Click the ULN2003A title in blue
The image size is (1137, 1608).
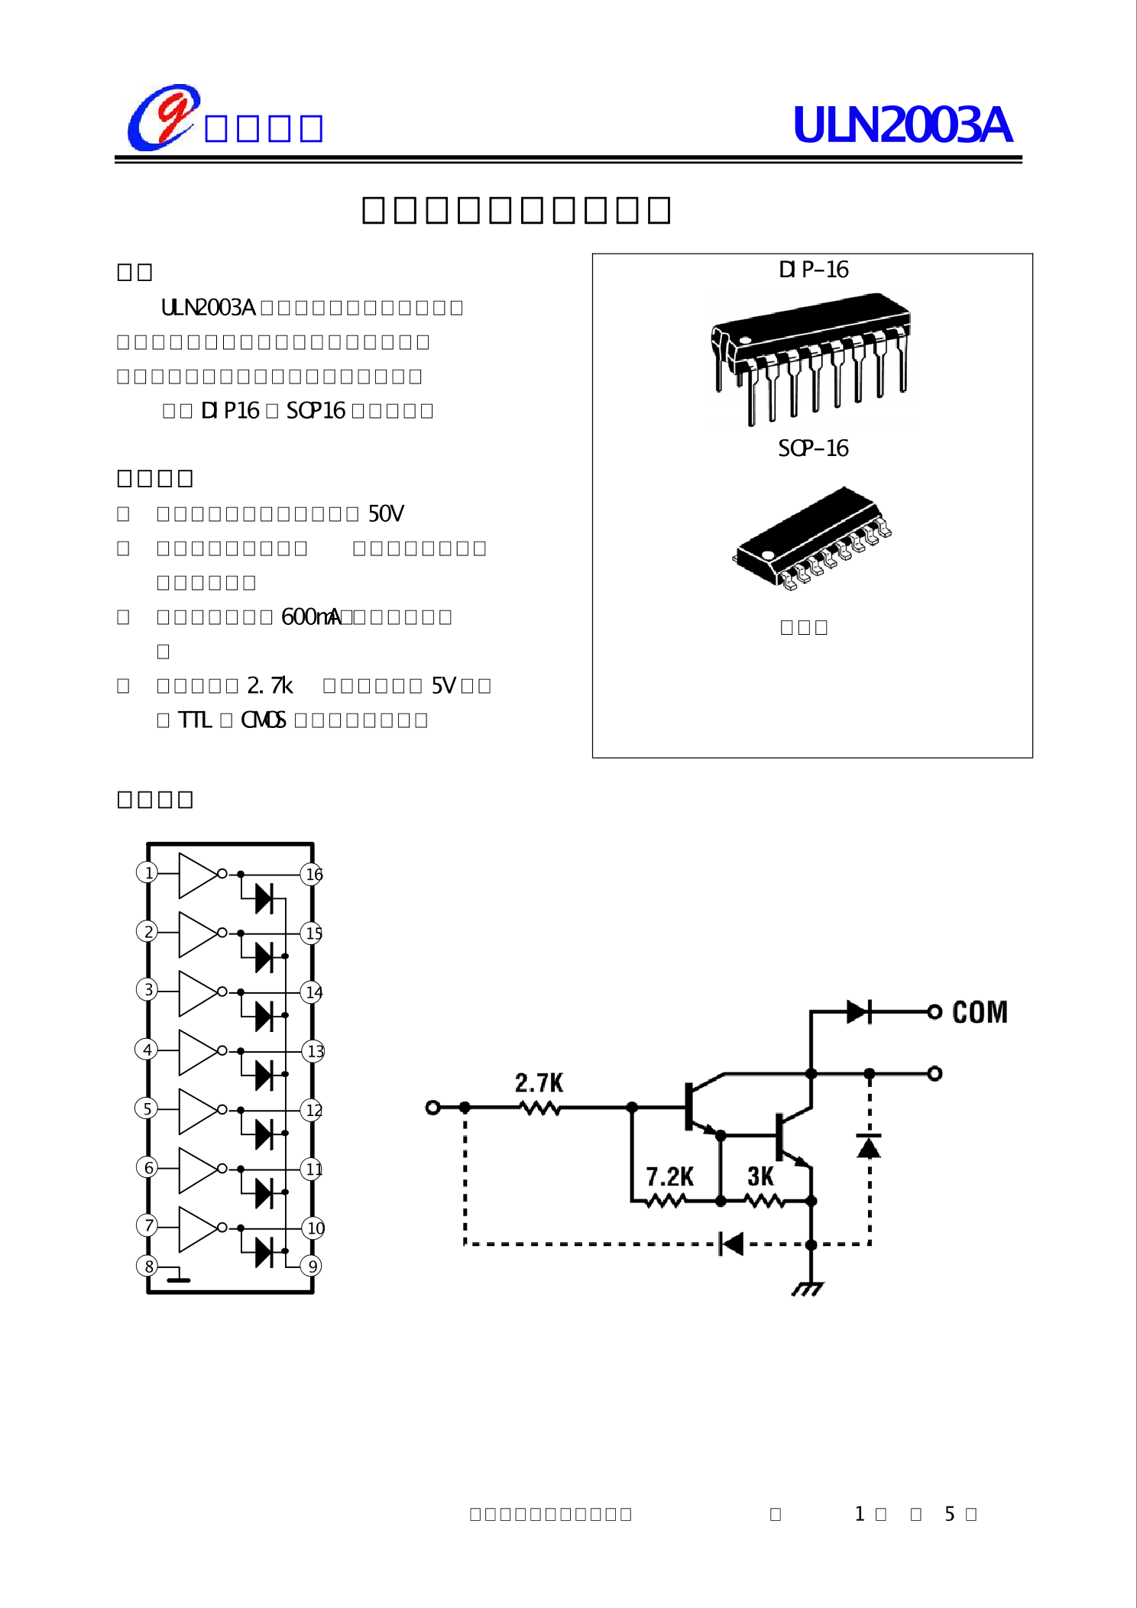(x=902, y=125)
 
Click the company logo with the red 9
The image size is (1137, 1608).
(x=164, y=118)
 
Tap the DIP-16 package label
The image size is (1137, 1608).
(x=813, y=270)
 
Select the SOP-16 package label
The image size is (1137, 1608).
(x=813, y=448)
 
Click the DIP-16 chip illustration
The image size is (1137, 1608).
(x=811, y=355)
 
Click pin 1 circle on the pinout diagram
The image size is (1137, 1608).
(x=147, y=872)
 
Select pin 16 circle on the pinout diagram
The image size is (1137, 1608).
(x=313, y=875)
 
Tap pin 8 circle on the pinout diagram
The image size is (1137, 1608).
(x=147, y=1266)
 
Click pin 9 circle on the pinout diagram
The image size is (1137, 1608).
(x=311, y=1267)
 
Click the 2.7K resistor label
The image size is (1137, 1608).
(x=539, y=1082)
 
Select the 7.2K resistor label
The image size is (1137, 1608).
(x=669, y=1177)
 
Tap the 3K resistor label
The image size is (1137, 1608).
(x=760, y=1177)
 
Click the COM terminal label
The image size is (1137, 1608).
(x=980, y=1013)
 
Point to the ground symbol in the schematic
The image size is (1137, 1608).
(x=808, y=1289)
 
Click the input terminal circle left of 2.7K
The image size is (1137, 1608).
(x=432, y=1108)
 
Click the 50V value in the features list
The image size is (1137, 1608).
(x=386, y=514)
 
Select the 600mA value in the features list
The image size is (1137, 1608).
(x=311, y=617)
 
